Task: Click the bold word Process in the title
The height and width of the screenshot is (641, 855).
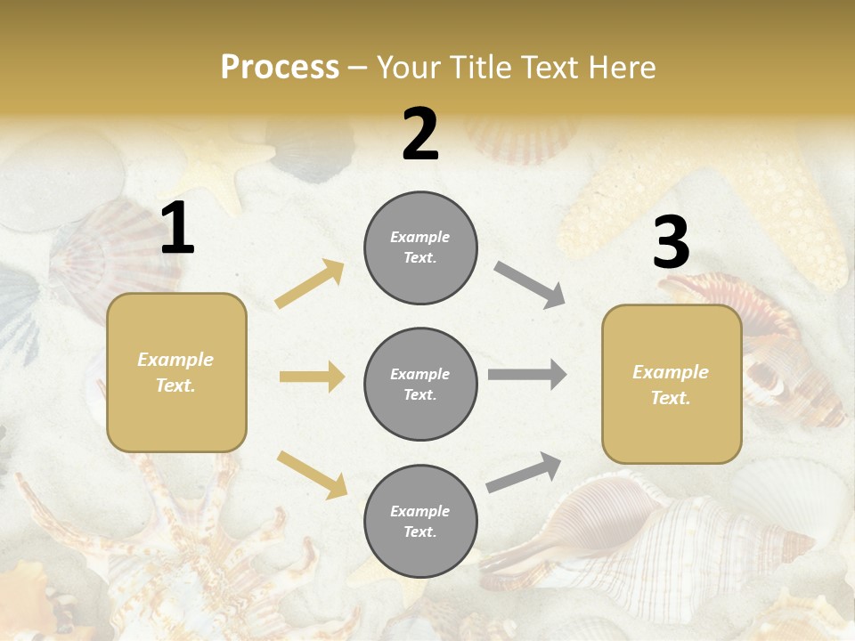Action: pos(280,67)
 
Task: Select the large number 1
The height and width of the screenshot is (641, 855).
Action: pos(177,229)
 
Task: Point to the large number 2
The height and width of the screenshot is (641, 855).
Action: pos(420,134)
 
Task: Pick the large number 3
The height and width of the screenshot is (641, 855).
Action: pos(671,243)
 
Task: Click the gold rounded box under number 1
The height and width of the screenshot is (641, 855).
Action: pos(176,372)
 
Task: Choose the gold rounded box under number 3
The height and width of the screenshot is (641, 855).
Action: pos(672,385)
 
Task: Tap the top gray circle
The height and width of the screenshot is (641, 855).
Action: pos(420,247)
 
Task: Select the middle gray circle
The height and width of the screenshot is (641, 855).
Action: pos(420,384)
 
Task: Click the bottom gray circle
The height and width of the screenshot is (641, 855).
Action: pos(420,521)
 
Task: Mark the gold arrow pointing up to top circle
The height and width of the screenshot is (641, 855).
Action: pos(310,284)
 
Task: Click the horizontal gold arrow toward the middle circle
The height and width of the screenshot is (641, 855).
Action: pos(312,377)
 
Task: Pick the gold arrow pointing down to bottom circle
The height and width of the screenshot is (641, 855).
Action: pos(312,474)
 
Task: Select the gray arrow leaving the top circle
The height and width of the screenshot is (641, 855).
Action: pos(530,284)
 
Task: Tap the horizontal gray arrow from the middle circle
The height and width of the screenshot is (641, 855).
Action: pos(527,374)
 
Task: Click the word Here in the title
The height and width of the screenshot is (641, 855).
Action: pos(623,67)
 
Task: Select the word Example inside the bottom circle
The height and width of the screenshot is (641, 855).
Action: pos(419,511)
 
